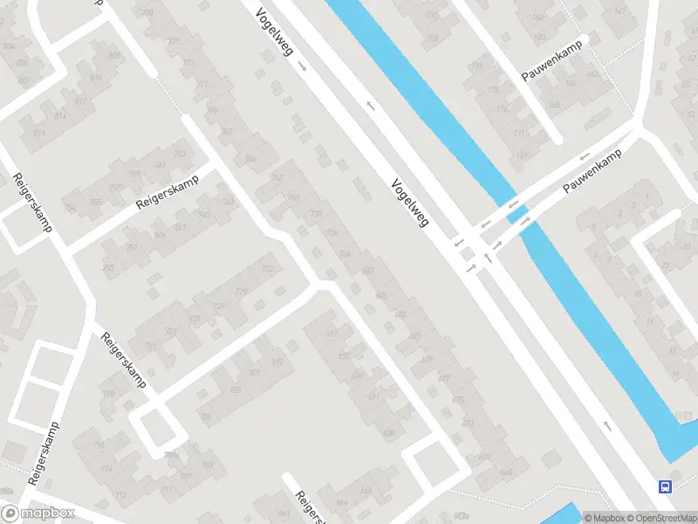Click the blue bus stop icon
coord(665,486)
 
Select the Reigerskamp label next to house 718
coord(124,361)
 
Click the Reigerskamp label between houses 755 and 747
coord(168,192)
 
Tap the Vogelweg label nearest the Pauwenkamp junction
coord(410,201)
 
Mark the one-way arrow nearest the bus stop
coord(607,426)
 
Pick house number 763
coord(180,154)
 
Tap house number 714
coord(106,469)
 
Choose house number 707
coord(208,465)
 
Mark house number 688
coord(400,314)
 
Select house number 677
coord(443,378)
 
